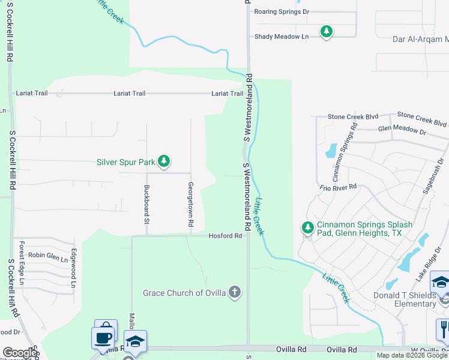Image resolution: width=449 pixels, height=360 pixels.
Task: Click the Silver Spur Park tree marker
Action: [163, 161]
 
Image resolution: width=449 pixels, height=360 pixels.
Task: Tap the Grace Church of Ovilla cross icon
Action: [235, 293]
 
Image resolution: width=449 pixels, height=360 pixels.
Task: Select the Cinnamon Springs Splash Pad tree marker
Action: [307, 228]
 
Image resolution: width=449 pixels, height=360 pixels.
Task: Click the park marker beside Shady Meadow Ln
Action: [326, 31]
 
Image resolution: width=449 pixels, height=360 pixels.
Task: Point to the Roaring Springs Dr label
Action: [281, 11]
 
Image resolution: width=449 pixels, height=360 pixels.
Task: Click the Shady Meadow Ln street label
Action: [281, 37]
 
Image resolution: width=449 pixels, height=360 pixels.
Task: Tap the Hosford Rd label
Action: [225, 236]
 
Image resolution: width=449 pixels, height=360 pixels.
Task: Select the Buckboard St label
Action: [146, 205]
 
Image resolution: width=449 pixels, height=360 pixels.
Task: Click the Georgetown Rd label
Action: [191, 204]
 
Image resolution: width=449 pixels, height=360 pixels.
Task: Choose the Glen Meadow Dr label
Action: [402, 130]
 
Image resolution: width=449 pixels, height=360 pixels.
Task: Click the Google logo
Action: [20, 353]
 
